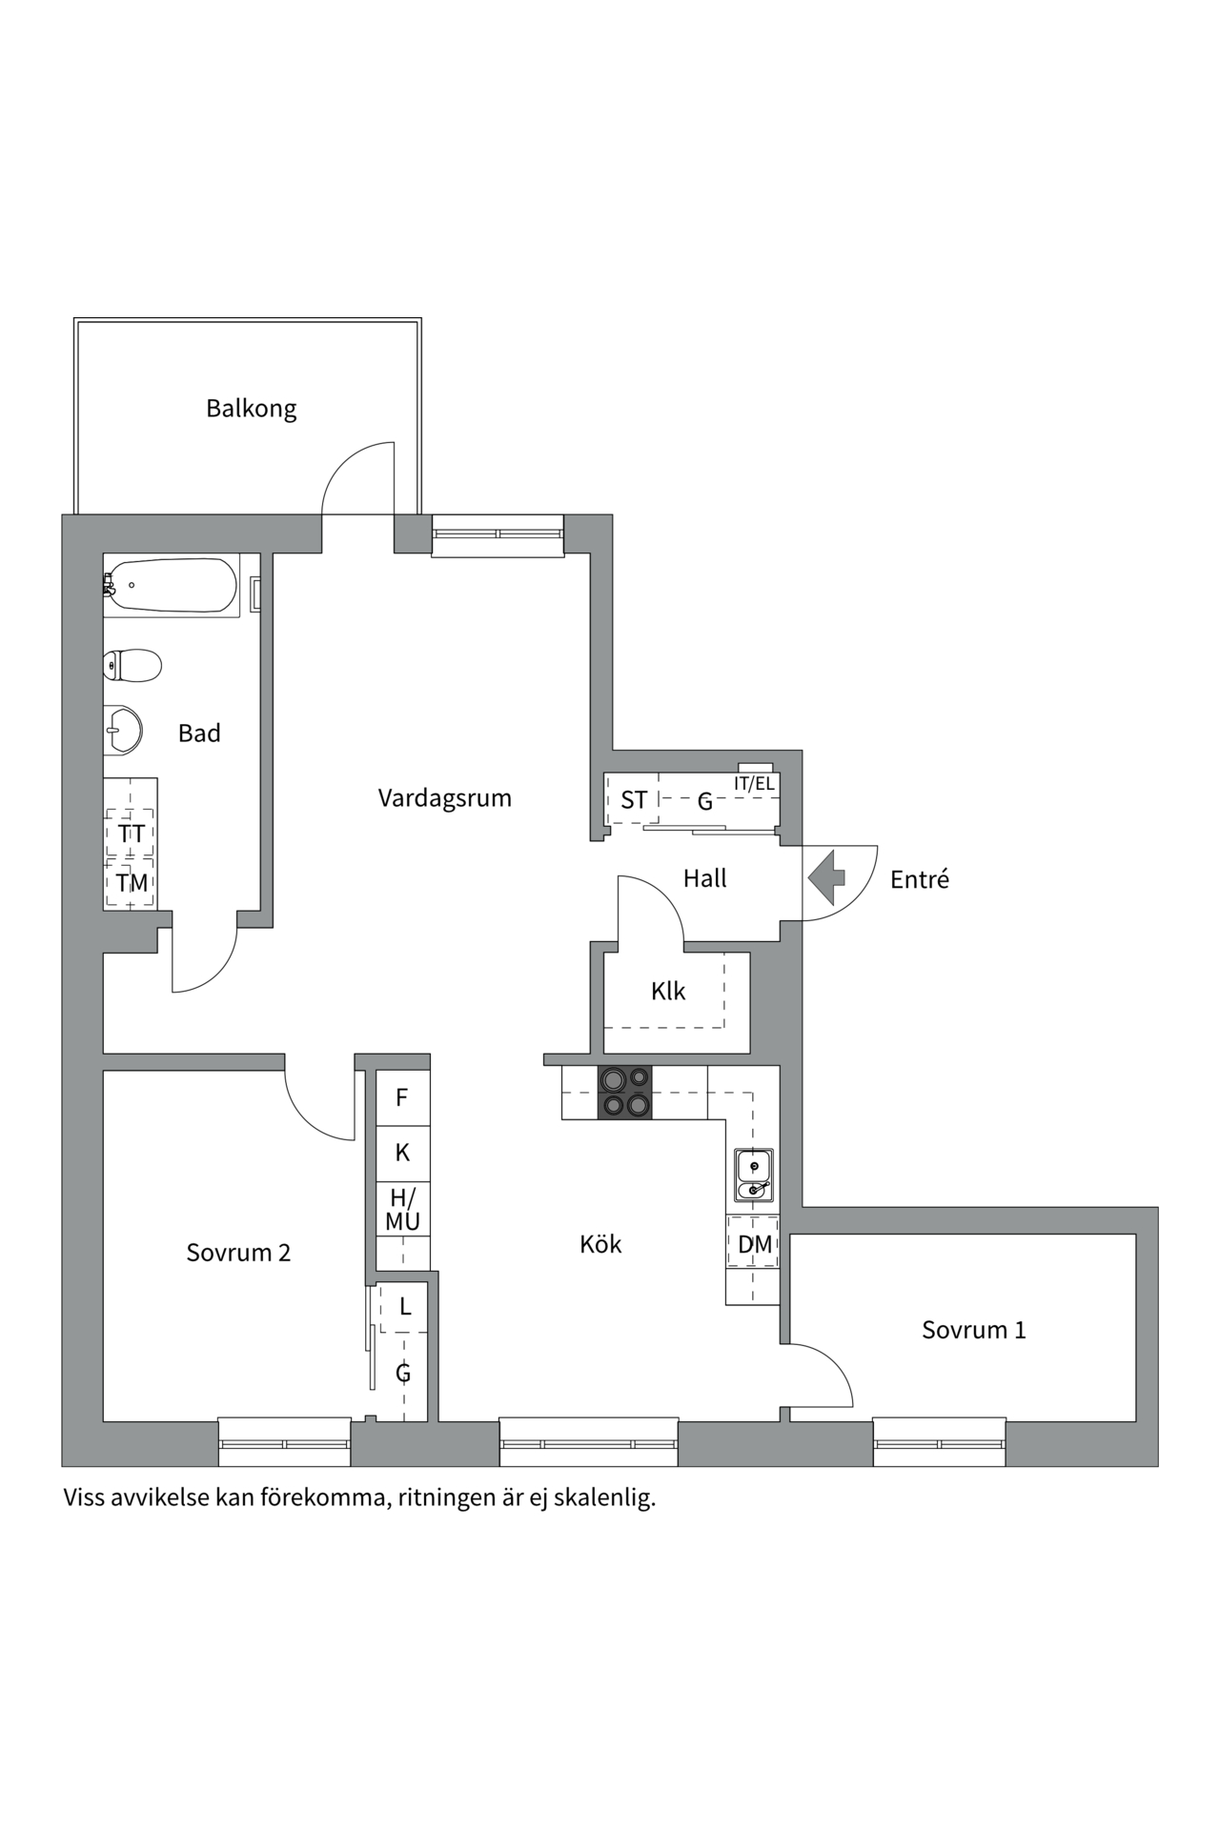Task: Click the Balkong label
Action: click(x=252, y=409)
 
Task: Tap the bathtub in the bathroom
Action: click(x=171, y=584)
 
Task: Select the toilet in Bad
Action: click(x=132, y=665)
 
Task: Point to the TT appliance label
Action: click(x=132, y=834)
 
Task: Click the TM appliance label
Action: click(x=132, y=883)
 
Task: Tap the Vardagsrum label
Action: click(x=444, y=798)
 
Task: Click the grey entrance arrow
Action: click(x=826, y=877)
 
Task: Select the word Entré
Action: click(x=920, y=879)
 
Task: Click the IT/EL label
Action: click(x=754, y=784)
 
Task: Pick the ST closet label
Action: click(x=634, y=800)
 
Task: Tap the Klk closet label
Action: click(x=668, y=992)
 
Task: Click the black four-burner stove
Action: click(x=625, y=1092)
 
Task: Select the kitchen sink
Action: click(x=754, y=1176)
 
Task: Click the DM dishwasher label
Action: click(x=755, y=1244)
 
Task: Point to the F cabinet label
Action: click(x=402, y=1097)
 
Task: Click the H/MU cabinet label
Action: click(x=402, y=1210)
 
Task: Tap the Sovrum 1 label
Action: click(x=974, y=1330)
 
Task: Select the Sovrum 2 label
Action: click(x=238, y=1253)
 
